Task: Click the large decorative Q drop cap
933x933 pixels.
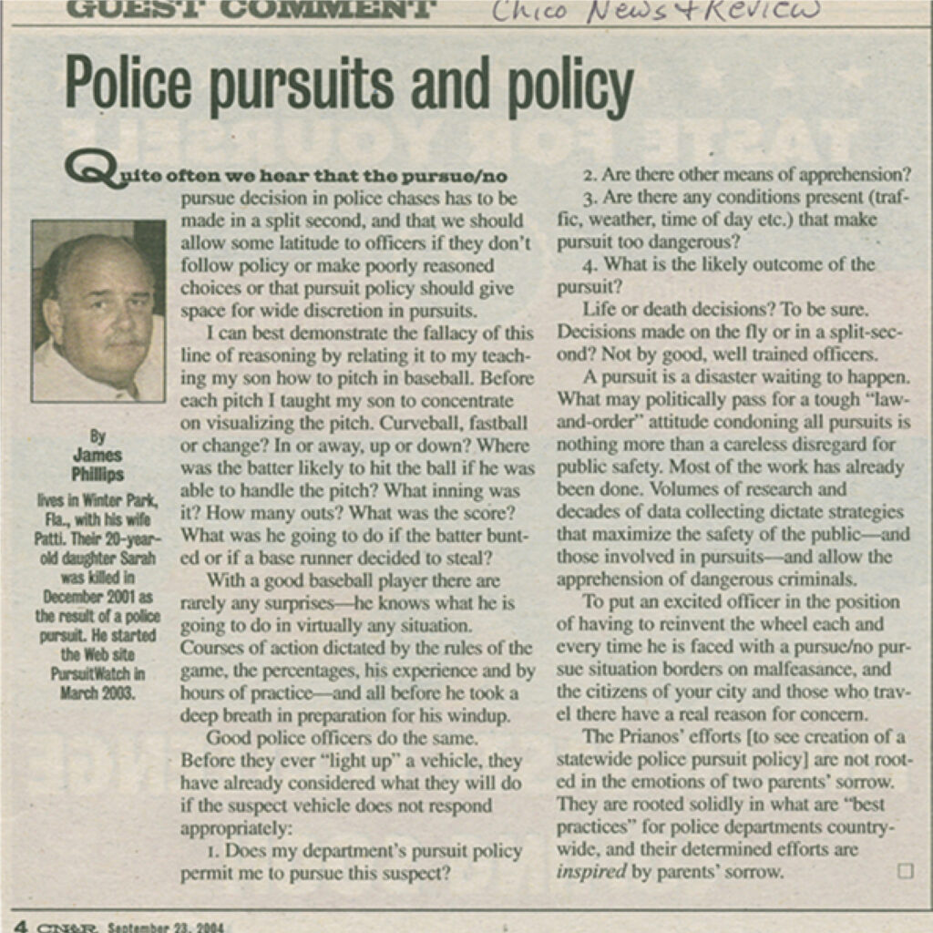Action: tap(88, 170)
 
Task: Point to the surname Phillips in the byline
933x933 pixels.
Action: tap(97, 475)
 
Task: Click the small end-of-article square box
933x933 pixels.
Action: tap(905, 871)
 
